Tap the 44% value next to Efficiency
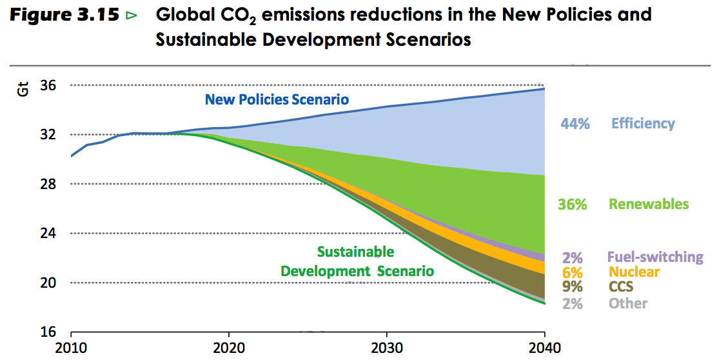[575, 124]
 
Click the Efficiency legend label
[643, 123]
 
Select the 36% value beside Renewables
[572, 205]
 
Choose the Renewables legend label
[649, 205]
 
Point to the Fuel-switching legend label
[655, 257]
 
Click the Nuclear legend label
[635, 272]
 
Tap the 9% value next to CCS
[572, 287]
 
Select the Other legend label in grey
[628, 303]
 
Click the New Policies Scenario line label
[277, 99]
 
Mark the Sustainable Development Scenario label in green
[357, 261]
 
